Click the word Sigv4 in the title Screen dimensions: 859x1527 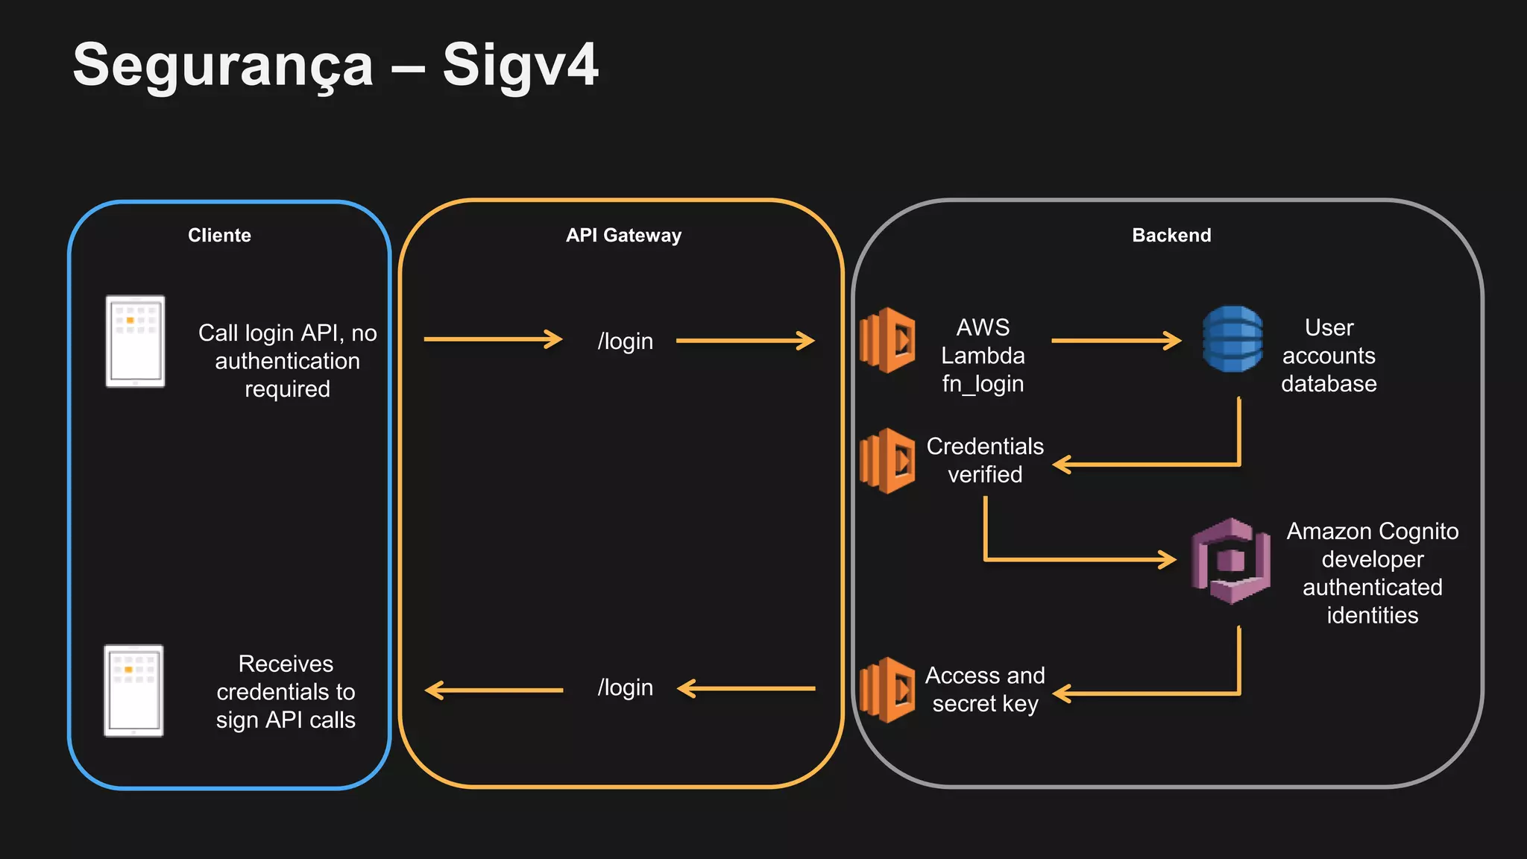pyautogui.click(x=520, y=66)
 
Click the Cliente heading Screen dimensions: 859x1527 pyautogui.click(x=219, y=236)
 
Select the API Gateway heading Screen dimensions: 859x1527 pyautogui.click(x=623, y=236)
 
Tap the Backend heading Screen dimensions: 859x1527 pyautogui.click(x=1171, y=236)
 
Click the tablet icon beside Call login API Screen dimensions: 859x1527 pyautogui.click(x=135, y=342)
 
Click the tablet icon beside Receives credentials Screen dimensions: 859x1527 pyautogui.click(x=133, y=690)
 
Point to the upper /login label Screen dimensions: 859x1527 pyautogui.click(x=625, y=342)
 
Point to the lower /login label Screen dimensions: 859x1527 pyautogui.click(x=625, y=687)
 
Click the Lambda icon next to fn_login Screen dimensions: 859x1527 pyautogui.click(x=887, y=340)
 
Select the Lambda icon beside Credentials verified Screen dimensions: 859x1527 pyautogui.click(x=887, y=461)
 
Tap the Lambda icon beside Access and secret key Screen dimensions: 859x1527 pyautogui.click(x=887, y=690)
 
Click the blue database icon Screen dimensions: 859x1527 pyautogui.click(x=1232, y=339)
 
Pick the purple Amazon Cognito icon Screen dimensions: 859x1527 pyautogui.click(x=1230, y=561)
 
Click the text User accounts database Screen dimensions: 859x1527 pyautogui.click(x=1329, y=356)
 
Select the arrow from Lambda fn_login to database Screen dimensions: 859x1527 pyautogui.click(x=1115, y=341)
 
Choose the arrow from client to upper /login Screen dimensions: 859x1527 pyautogui.click(x=492, y=339)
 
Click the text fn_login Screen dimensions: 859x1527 pyautogui.click(x=983, y=384)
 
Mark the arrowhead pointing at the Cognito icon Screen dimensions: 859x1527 pyautogui.click(x=1168, y=559)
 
